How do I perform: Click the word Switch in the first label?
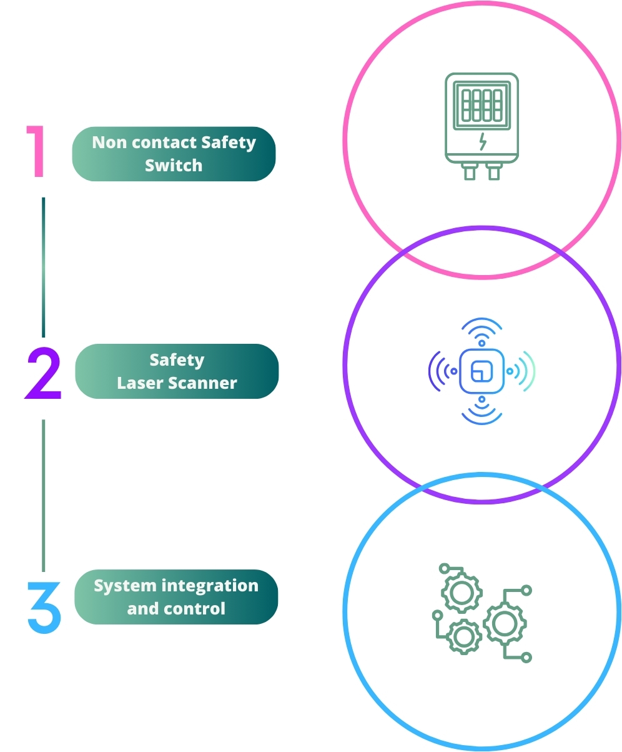pyautogui.click(x=174, y=166)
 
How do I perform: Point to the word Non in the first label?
pyautogui.click(x=107, y=143)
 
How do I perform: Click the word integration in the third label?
pyautogui.click(x=209, y=586)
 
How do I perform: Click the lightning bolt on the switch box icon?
pyautogui.click(x=481, y=143)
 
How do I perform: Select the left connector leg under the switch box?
pyautogui.click(x=470, y=172)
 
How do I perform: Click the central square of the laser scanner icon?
pyautogui.click(x=481, y=371)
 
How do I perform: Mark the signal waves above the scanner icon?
pyautogui.click(x=481, y=330)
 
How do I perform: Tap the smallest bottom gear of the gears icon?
pyautogui.click(x=464, y=637)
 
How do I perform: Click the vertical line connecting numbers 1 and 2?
pyautogui.click(x=44, y=267)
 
